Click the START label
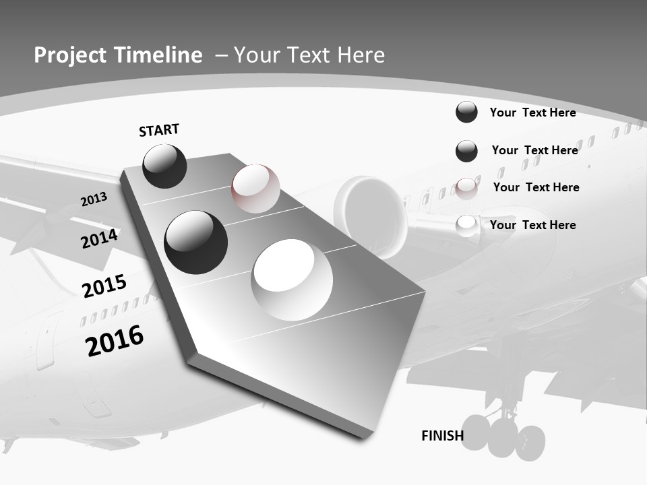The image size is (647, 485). (x=159, y=130)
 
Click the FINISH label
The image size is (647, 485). (x=442, y=436)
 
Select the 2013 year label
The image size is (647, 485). (x=94, y=199)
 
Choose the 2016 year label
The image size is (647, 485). (x=115, y=341)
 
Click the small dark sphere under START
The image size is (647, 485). (x=165, y=166)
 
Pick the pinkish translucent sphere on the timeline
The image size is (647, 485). (x=256, y=188)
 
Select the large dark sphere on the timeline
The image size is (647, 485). (x=196, y=242)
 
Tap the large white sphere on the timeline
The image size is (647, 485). (x=292, y=280)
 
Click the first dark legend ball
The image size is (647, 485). (x=466, y=112)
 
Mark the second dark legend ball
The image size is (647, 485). (x=466, y=151)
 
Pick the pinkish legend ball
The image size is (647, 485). (x=466, y=188)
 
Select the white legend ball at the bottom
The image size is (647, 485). (x=466, y=226)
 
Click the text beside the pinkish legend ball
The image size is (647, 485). (x=536, y=187)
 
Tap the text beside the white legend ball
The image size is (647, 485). (x=532, y=225)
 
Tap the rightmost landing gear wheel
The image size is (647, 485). (x=530, y=443)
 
